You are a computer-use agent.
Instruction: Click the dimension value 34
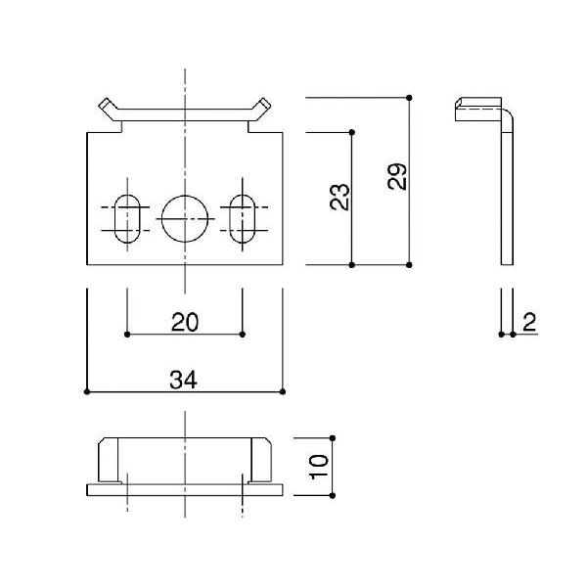[x=183, y=380]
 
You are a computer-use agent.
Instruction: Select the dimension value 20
[x=185, y=322]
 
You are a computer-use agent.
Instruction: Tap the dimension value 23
[x=339, y=197]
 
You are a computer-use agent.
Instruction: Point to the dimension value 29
[x=397, y=177]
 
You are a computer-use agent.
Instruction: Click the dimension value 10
[x=319, y=467]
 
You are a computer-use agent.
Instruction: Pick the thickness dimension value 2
[x=529, y=322]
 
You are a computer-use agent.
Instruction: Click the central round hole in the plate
[x=185, y=218]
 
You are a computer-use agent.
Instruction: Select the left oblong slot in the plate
[x=127, y=218]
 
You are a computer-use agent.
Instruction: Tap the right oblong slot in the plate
[x=243, y=218]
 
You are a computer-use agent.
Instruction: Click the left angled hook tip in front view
[x=104, y=104]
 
